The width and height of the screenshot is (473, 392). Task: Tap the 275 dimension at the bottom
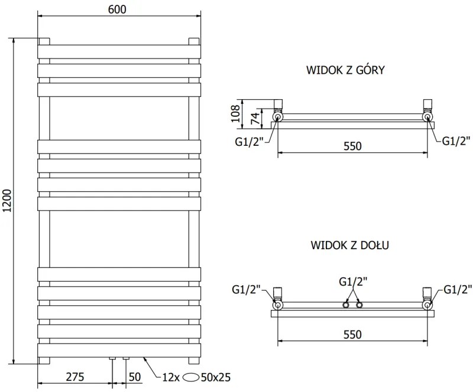[x=74, y=377]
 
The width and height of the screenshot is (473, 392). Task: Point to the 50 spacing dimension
[x=135, y=377]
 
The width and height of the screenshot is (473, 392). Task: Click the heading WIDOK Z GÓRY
[x=346, y=70]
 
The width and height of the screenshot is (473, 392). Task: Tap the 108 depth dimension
[x=235, y=113]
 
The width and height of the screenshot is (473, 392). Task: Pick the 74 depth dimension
[x=254, y=117]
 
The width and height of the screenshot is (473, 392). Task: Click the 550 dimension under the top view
[x=352, y=146]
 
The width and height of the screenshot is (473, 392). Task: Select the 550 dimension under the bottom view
[x=352, y=334]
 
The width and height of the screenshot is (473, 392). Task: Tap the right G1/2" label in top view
[x=456, y=141]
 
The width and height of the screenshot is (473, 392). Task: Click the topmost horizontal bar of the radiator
[x=120, y=51]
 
